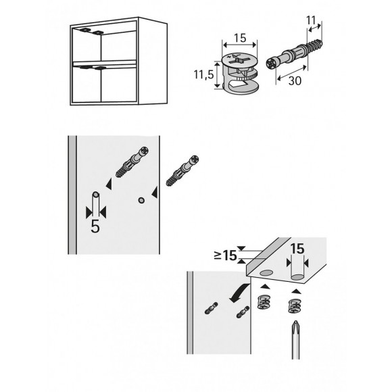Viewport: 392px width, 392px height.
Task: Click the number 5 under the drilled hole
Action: point(95,226)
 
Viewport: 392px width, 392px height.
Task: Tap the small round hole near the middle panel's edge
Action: point(141,199)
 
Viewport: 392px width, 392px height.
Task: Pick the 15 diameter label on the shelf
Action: point(295,249)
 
